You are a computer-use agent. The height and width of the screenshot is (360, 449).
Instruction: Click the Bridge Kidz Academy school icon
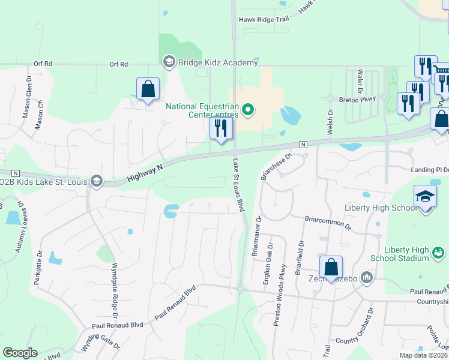169,62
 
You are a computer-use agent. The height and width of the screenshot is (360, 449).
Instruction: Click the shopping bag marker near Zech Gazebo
331,267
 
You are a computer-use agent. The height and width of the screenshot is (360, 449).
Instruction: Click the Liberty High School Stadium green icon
438,253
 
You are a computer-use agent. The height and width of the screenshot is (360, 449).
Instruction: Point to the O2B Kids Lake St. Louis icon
95,181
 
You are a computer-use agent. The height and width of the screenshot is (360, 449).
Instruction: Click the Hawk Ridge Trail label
264,19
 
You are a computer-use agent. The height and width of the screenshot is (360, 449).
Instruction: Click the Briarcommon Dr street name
328,221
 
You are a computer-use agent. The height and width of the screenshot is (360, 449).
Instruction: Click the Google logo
20,353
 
